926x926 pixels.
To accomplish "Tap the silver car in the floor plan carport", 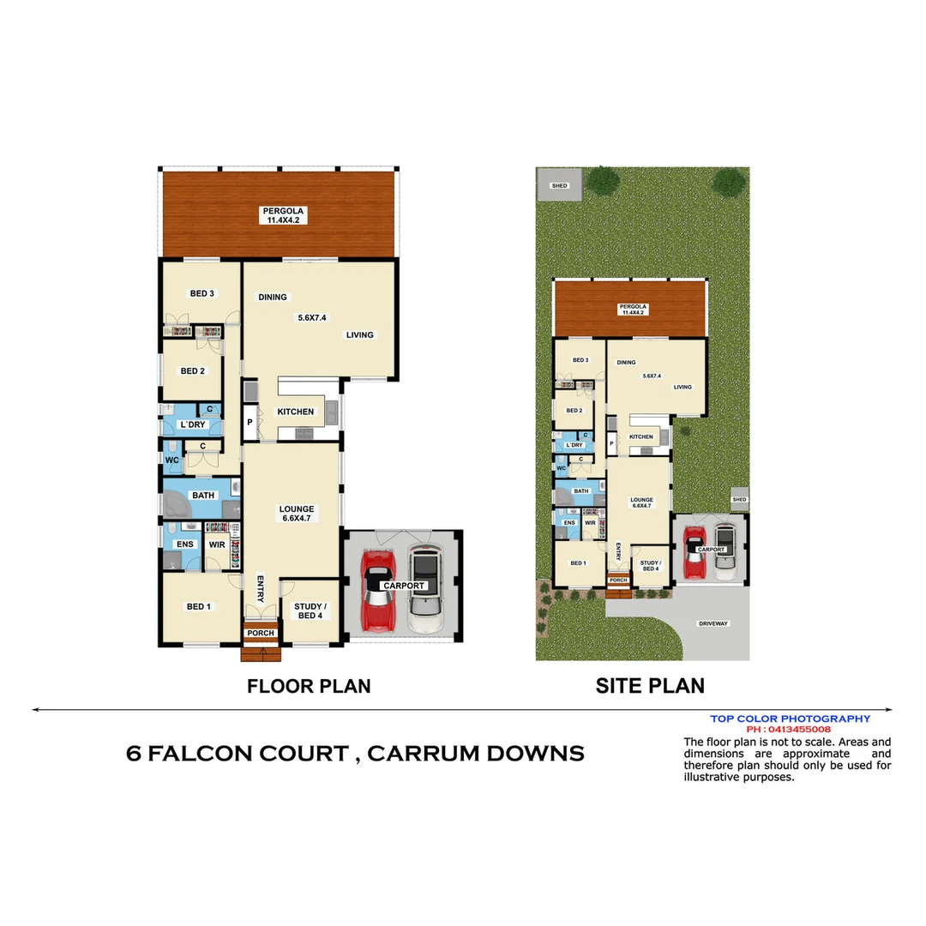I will (424, 590).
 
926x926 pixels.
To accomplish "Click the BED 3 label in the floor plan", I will (202, 293).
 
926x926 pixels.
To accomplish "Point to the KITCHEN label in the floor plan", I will (295, 412).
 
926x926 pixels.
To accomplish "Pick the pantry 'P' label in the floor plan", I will (250, 422).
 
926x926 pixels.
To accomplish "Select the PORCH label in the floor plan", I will (261, 634).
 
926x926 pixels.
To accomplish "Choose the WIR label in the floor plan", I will (216, 544).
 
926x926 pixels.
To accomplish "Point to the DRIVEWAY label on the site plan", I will (713, 623).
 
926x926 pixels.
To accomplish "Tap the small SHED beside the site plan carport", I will (739, 499).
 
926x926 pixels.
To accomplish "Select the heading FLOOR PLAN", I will (309, 686).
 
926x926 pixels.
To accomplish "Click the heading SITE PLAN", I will (650, 686).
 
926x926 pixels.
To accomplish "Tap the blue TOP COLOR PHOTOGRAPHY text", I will (790, 719).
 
